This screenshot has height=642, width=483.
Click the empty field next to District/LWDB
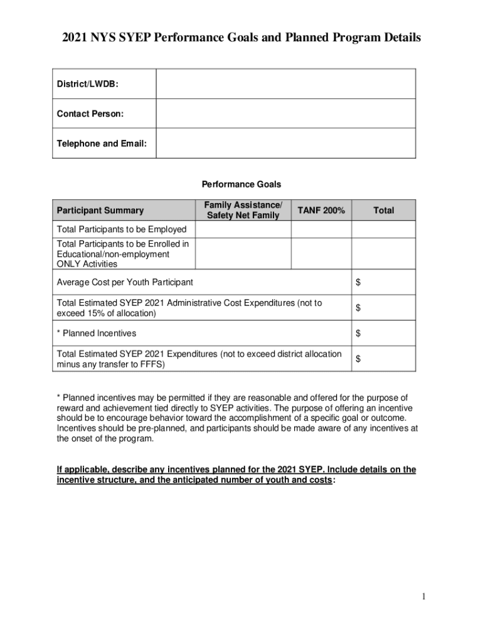(285, 84)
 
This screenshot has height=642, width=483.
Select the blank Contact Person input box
(285, 113)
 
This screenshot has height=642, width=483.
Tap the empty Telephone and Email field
(285, 143)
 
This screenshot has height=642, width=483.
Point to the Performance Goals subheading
(241, 184)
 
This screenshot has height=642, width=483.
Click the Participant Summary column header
(100, 211)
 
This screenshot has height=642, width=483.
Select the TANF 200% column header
(321, 211)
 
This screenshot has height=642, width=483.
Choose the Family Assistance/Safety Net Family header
(243, 211)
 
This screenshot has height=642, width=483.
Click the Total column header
(383, 211)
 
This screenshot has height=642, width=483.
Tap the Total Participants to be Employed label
(121, 229)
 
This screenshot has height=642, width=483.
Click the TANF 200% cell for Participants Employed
(321, 229)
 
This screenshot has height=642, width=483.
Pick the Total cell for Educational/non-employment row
(383, 253)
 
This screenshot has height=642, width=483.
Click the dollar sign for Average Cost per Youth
(358, 283)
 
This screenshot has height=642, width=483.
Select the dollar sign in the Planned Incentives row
(358, 334)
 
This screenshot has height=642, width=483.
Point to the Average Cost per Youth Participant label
(125, 283)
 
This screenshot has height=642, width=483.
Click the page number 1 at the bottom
(424, 596)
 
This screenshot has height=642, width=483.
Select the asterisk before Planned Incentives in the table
(58, 333)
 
